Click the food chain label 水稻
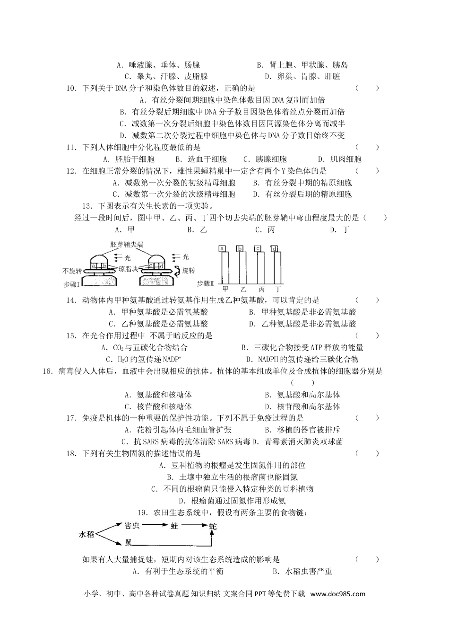pos(86,534)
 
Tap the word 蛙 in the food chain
pos(174,525)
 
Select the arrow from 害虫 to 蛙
pos(152,525)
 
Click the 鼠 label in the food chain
pos(129,543)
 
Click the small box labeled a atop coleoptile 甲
pos(222,248)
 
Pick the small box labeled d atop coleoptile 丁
pos(274,248)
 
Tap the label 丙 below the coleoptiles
pos(261,288)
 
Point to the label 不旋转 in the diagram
pos(72,271)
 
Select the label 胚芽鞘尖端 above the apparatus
pos(126,245)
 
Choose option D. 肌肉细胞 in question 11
pos(339,159)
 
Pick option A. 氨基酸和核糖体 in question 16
pos(158,395)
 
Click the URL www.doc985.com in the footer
pos(338,594)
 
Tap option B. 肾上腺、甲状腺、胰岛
pos(302,65)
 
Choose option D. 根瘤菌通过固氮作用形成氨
pos(232,501)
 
